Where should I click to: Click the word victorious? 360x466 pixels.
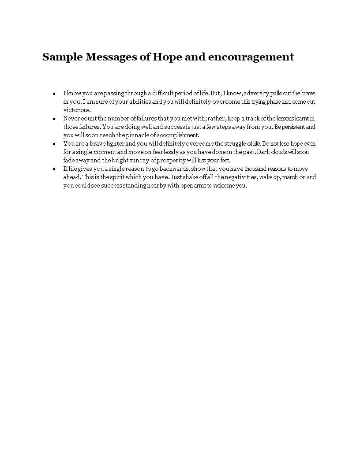77,110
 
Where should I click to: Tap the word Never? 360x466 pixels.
71,119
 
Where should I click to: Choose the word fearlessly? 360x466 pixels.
160,152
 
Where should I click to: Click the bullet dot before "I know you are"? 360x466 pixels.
54,94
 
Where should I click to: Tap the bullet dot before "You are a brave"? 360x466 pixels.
54,144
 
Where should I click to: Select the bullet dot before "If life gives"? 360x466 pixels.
54,169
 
